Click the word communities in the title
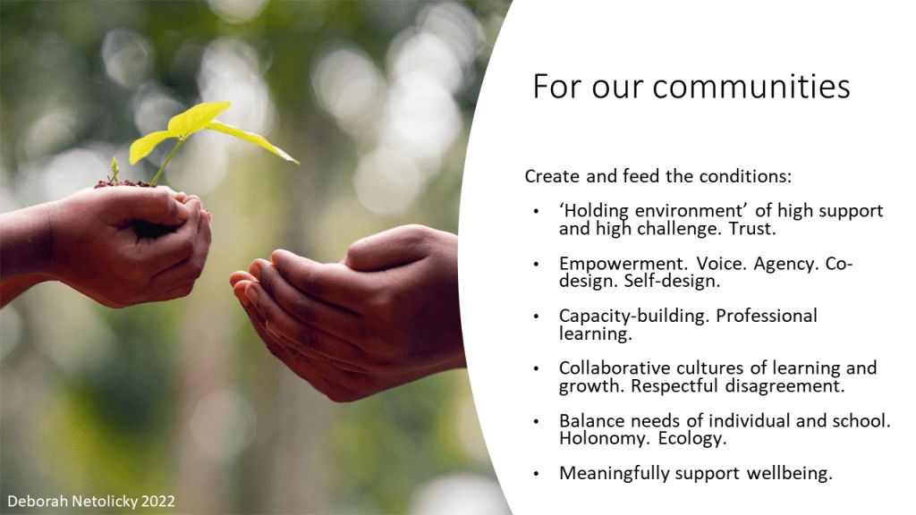point(751,87)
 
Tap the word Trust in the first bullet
point(751,228)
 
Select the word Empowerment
point(623,265)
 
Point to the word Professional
point(767,316)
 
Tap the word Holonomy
point(606,438)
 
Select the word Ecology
point(692,438)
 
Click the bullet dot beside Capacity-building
point(537,317)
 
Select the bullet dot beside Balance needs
point(537,421)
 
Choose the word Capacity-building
point(634,316)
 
